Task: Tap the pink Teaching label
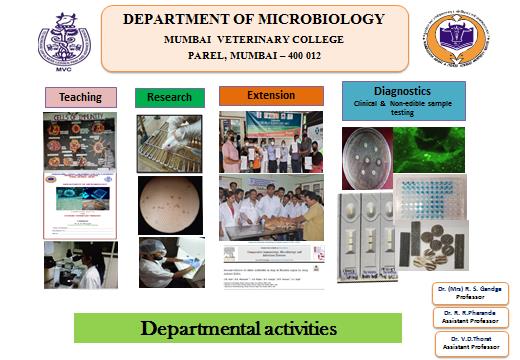[81, 97]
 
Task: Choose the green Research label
[169, 97]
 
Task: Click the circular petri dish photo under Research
[169, 204]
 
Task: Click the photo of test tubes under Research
[169, 141]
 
